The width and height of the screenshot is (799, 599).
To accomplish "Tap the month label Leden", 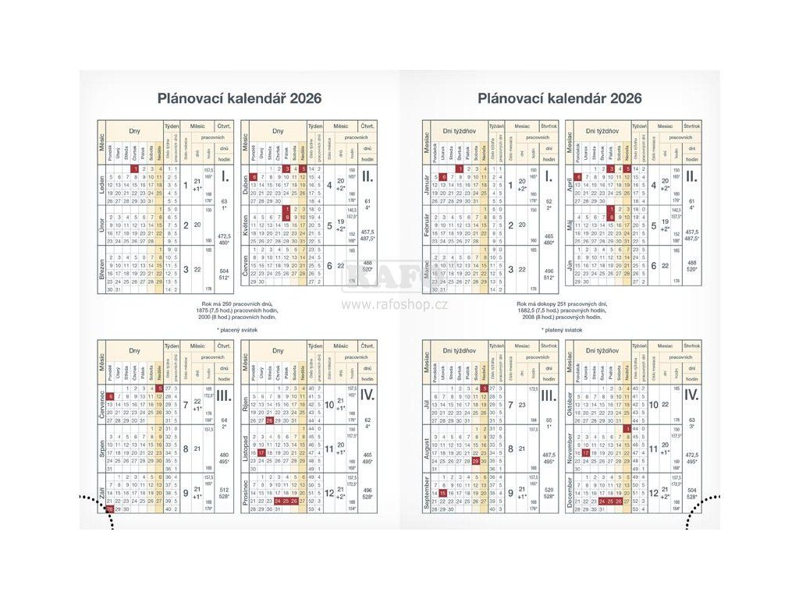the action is [x=102, y=185].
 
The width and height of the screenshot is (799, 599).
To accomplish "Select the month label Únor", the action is [x=102, y=225].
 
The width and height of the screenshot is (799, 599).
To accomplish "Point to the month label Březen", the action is [x=102, y=265].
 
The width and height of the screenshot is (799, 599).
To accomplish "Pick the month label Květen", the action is [x=246, y=225].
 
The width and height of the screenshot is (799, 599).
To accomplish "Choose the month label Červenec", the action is [x=102, y=406].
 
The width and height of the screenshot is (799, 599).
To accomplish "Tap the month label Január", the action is [x=427, y=185].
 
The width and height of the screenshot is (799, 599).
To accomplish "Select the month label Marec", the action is [x=427, y=266].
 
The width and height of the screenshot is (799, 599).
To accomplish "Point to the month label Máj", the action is [x=570, y=225].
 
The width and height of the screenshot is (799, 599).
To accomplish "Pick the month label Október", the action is [x=570, y=406].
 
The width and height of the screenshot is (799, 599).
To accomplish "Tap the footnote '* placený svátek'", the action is [x=238, y=330].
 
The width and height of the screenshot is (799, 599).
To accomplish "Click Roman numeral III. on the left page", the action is [x=224, y=396].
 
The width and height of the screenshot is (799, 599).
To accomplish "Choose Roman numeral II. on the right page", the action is [x=691, y=176].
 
